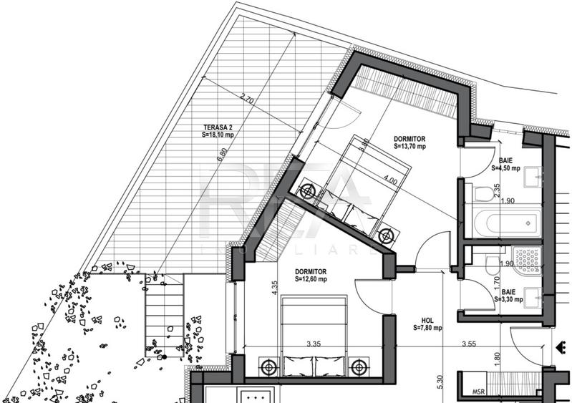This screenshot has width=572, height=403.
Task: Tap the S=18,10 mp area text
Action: click(x=221, y=133)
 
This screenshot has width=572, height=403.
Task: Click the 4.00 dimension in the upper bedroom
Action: click(x=390, y=181)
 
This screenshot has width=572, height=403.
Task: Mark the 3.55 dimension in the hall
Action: click(x=469, y=344)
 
